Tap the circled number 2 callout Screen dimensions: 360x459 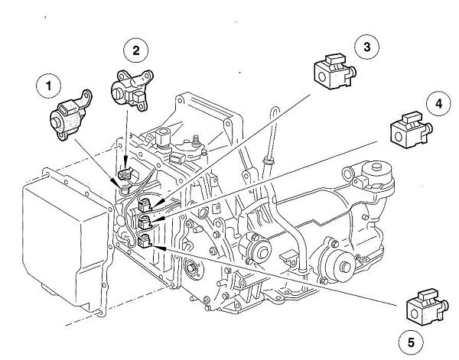[x=135, y=51]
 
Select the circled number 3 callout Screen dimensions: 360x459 [x=366, y=47]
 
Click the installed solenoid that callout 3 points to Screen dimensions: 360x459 [x=148, y=204]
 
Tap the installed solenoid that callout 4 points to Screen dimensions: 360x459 [x=148, y=222]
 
